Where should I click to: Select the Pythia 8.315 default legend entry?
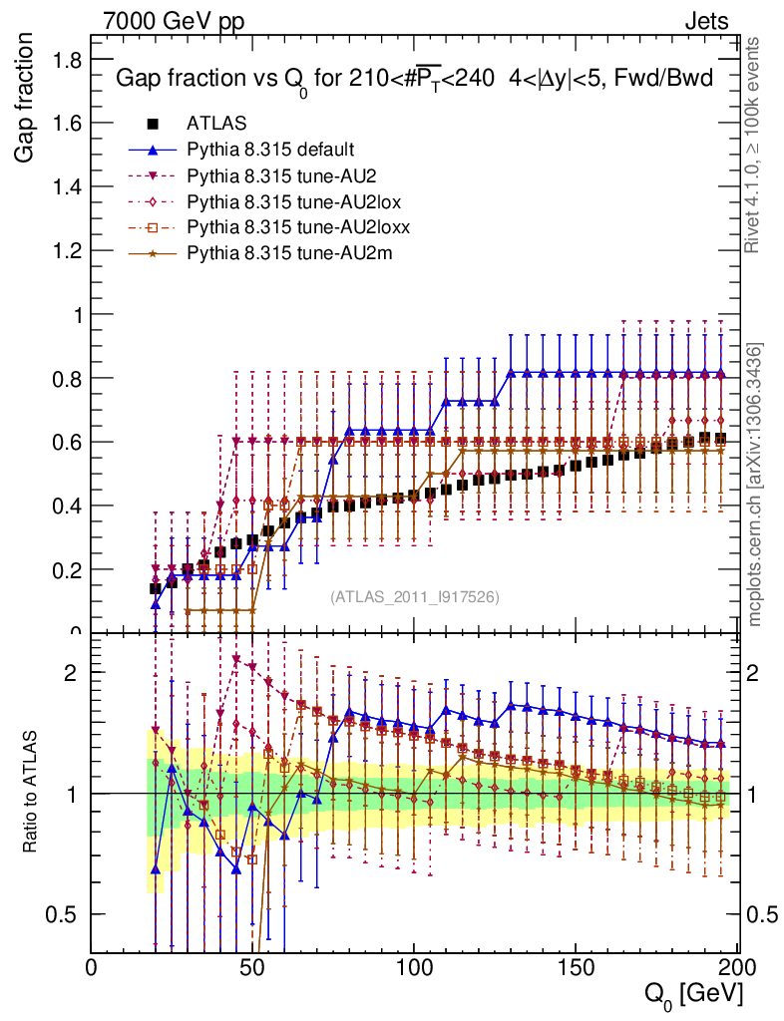[270, 150]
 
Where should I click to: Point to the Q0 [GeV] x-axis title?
[692, 993]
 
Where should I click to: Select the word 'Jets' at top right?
[706, 21]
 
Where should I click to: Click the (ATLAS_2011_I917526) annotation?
[415, 596]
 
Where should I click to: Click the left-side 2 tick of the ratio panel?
[71, 671]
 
